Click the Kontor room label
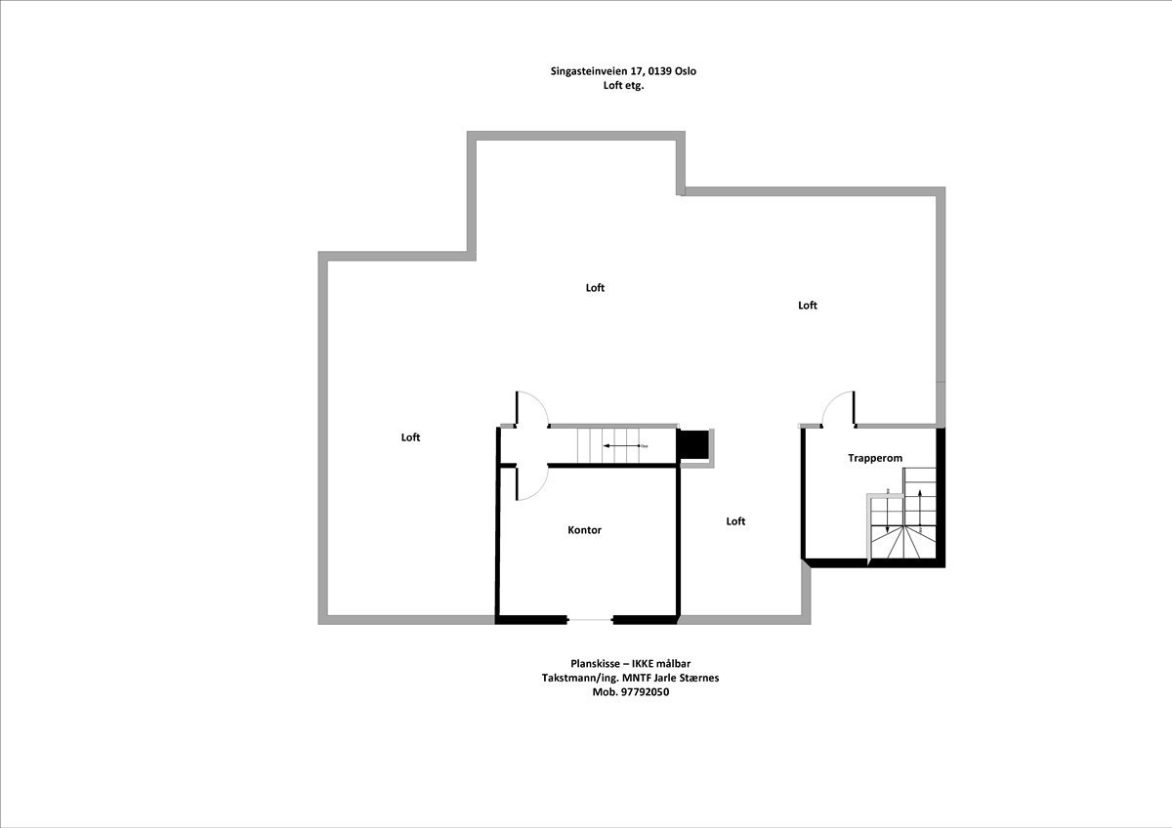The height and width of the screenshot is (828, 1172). coord(584,530)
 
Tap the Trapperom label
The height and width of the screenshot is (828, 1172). coord(874,458)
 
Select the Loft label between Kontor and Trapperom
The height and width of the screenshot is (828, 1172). coord(735,521)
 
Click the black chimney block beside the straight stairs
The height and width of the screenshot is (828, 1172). coord(693,443)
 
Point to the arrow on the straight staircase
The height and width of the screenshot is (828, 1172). coord(619,445)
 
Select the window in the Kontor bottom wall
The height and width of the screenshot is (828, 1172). coord(590,619)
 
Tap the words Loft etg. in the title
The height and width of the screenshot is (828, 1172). coord(624,86)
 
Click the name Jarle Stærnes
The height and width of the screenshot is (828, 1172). coord(687,678)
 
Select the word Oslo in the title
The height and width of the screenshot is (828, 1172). coord(686,71)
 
